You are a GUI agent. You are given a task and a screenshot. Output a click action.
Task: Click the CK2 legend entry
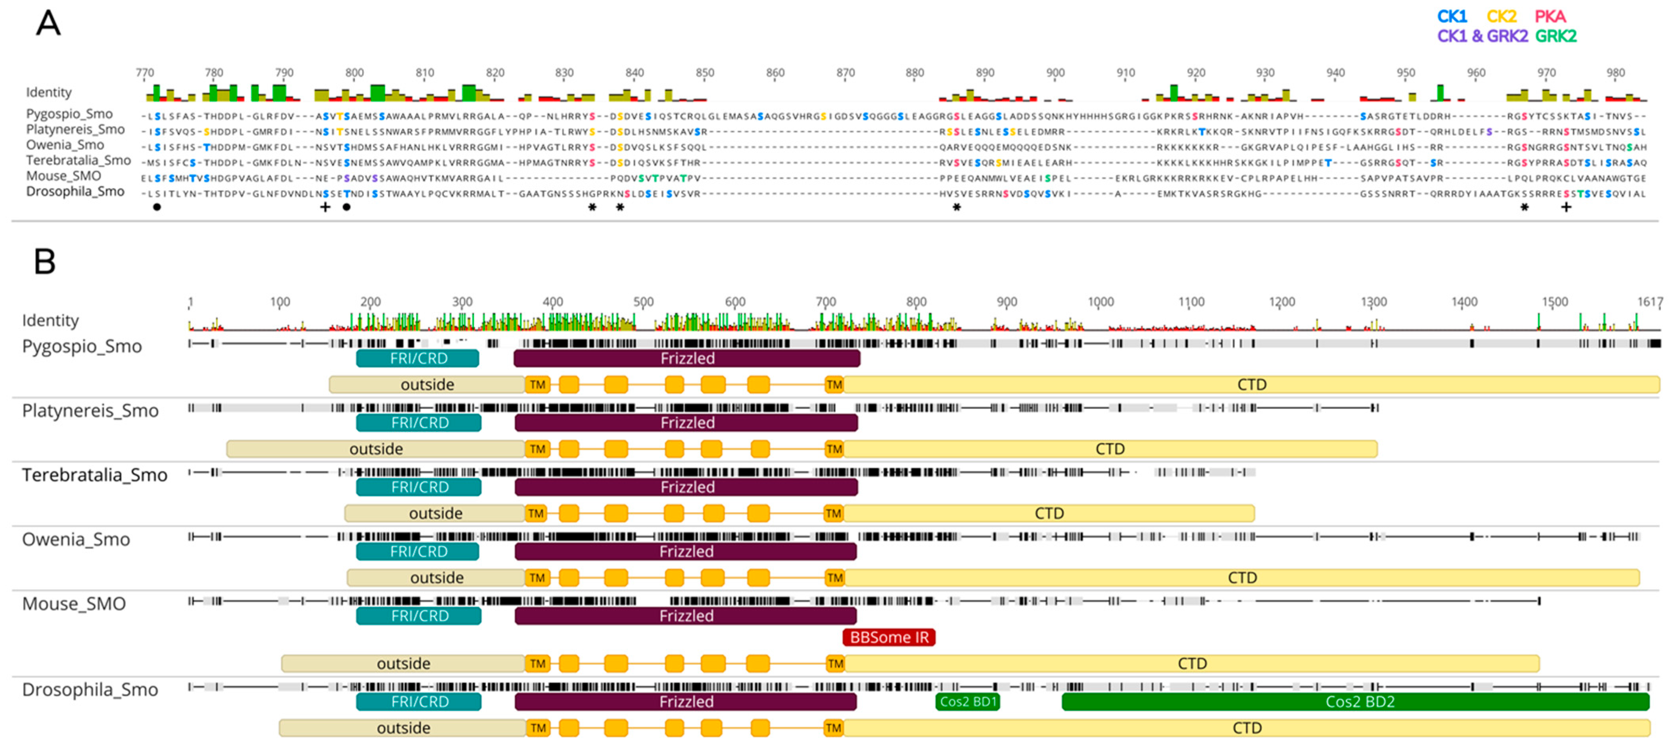[x=1501, y=16]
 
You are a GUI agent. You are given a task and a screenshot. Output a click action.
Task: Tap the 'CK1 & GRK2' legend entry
[x=1482, y=36]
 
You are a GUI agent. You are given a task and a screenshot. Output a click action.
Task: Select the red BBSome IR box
[x=889, y=637]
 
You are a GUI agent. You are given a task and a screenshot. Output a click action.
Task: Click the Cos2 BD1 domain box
[x=967, y=702]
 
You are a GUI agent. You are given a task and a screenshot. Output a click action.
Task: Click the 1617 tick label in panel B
[x=1649, y=302]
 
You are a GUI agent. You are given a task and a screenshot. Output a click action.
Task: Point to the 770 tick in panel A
[x=145, y=73]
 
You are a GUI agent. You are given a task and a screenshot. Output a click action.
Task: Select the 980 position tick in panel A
[x=1615, y=73]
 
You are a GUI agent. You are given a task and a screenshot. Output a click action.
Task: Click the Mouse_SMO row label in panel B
[x=74, y=604]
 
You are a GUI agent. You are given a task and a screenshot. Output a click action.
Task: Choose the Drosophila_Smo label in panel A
[x=75, y=192]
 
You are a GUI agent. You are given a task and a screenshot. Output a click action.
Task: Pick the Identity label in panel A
[x=49, y=93]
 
